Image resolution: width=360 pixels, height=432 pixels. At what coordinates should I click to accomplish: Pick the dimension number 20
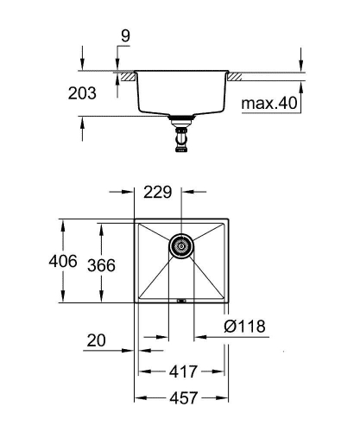pyautogui.click(x=98, y=340)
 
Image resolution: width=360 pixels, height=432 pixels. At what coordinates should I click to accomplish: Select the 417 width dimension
pyautogui.click(x=181, y=372)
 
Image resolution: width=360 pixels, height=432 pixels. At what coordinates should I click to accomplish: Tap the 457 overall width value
pyautogui.click(x=181, y=398)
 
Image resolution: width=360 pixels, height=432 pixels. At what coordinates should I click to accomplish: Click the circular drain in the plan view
pyautogui.click(x=181, y=246)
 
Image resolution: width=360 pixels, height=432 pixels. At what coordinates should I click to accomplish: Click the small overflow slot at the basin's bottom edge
pyautogui.click(x=181, y=301)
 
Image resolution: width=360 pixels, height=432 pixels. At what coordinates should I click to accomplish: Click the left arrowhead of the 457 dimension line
pyautogui.click(x=137, y=398)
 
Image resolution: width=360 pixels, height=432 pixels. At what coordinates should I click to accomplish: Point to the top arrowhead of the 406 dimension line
pyautogui.click(x=62, y=222)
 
